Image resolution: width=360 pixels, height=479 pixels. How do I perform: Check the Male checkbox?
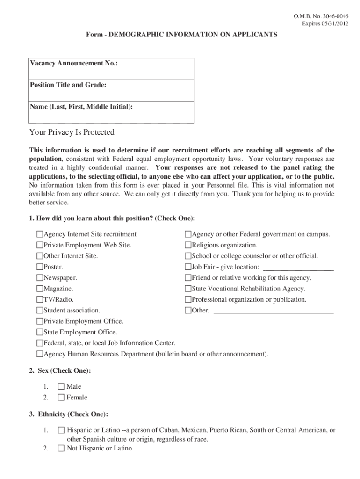(61, 387)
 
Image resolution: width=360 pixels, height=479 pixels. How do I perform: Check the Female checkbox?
(61, 398)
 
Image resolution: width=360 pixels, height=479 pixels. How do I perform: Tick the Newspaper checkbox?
(40, 278)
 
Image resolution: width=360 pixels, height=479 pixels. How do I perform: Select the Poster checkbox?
(40, 267)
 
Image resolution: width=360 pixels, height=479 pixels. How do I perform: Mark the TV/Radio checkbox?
(40, 300)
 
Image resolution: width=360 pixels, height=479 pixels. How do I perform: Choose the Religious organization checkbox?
(188, 245)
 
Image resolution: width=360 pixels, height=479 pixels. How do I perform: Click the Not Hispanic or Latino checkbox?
(61, 449)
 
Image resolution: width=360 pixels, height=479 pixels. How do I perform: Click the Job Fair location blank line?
(298, 268)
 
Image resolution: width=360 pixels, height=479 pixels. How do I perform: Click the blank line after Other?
(274, 312)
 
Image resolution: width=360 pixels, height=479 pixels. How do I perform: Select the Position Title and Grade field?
(112, 91)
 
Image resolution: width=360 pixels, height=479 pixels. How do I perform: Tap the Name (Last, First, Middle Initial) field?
(112, 113)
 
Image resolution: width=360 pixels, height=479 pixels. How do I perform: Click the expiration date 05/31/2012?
(332, 23)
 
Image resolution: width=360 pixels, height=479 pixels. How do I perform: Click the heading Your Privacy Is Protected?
(72, 132)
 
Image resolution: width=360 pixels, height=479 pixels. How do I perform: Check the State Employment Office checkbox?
(40, 333)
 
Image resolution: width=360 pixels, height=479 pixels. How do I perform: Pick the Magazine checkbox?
(40, 289)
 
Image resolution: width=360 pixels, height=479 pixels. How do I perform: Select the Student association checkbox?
(40, 311)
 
